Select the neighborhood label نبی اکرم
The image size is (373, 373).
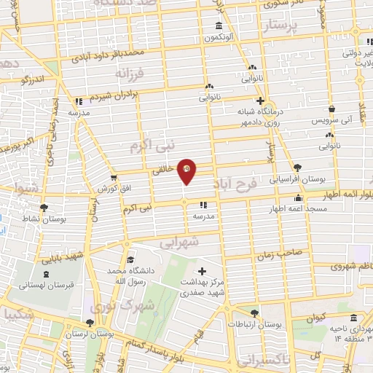click(x=154, y=146)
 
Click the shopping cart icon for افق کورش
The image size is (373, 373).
click(x=113, y=178)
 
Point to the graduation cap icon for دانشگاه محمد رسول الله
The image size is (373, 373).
click(x=130, y=261)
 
